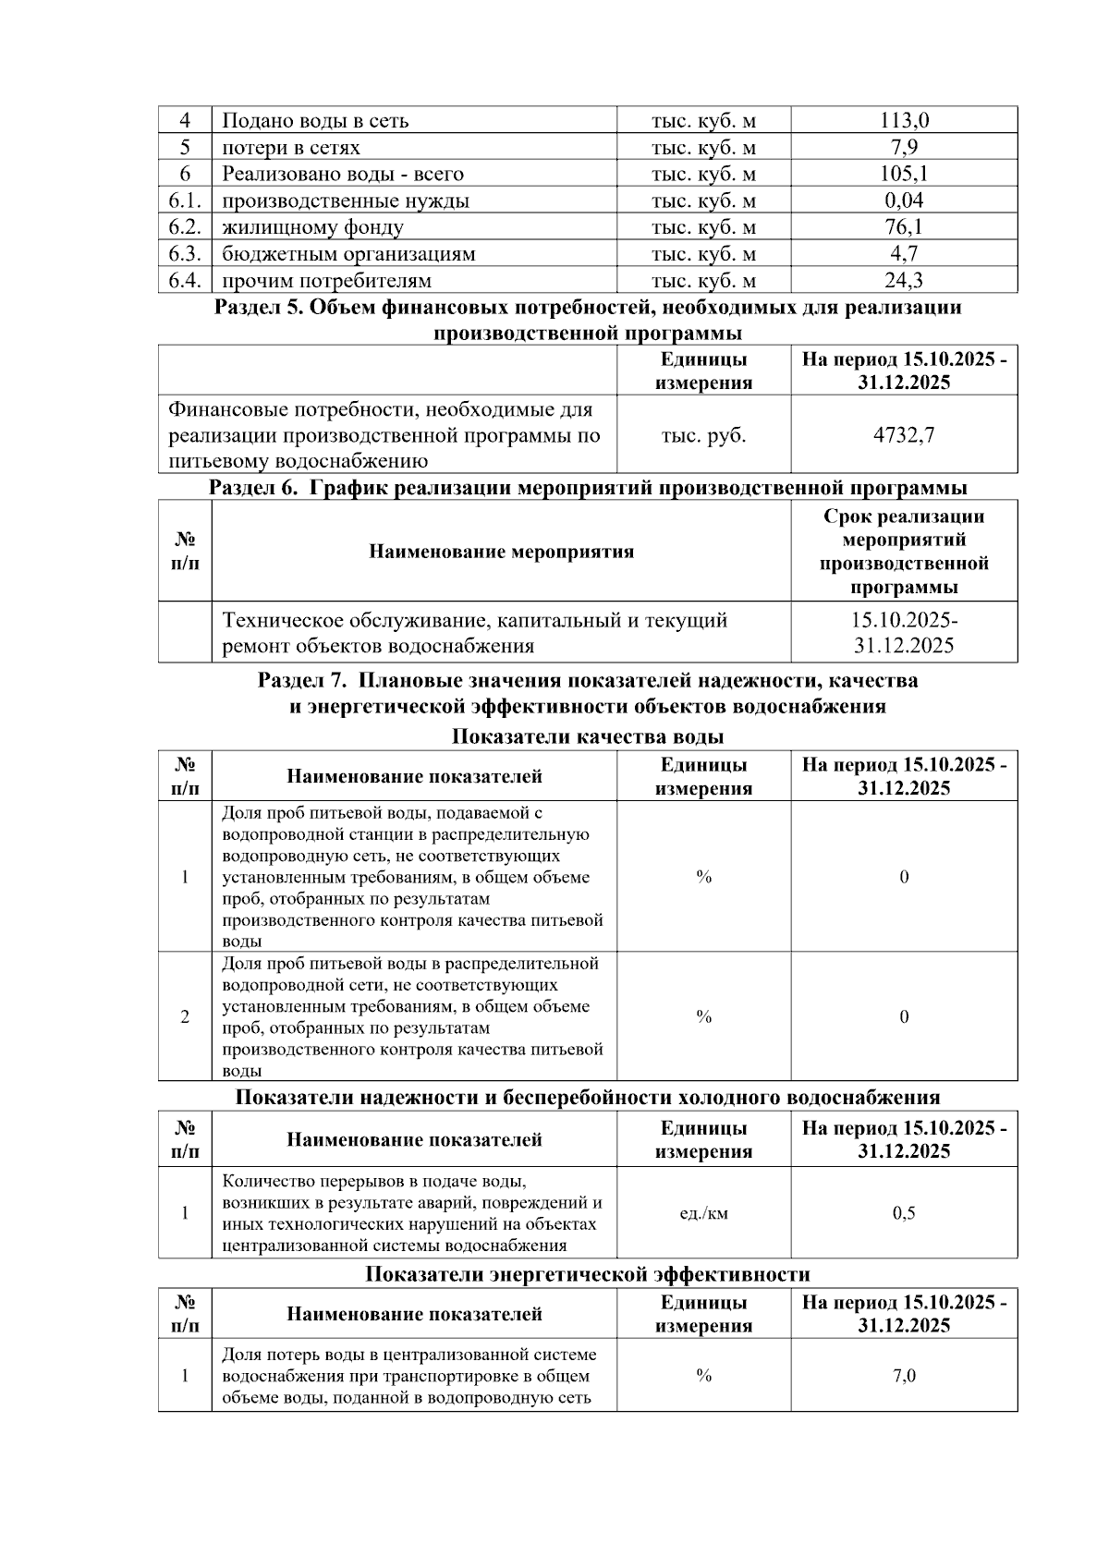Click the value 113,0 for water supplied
click(904, 120)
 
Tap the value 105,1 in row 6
click(904, 174)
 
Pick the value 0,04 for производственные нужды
click(904, 201)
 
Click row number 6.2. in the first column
click(185, 227)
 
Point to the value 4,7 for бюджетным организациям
click(904, 253)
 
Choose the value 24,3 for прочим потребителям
click(904, 280)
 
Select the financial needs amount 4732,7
click(904, 435)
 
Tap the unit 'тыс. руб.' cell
click(703, 435)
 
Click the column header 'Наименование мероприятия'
click(501, 552)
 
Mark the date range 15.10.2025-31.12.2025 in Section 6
click(904, 633)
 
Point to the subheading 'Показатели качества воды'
click(587, 736)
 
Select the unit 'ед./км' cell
click(703, 1213)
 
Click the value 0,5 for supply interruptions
click(904, 1213)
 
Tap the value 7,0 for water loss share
click(904, 1376)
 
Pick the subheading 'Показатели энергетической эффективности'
click(587, 1275)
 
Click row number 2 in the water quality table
click(185, 1017)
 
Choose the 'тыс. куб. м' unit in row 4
click(703, 120)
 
